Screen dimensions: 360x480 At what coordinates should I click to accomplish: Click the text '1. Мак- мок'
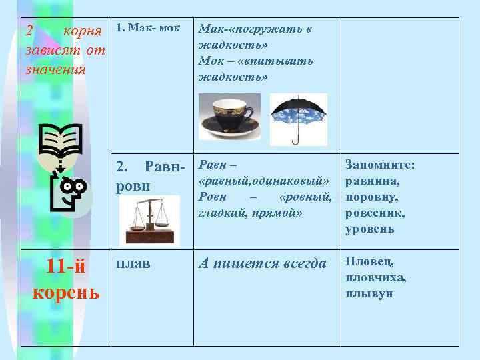[x=145, y=29]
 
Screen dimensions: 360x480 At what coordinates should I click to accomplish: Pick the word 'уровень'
[x=370, y=229]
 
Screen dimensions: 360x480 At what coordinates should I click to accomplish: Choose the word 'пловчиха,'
[x=375, y=277]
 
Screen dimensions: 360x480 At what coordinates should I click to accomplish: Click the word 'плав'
[x=133, y=264]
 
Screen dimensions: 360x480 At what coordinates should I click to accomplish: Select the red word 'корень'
[x=66, y=291]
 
